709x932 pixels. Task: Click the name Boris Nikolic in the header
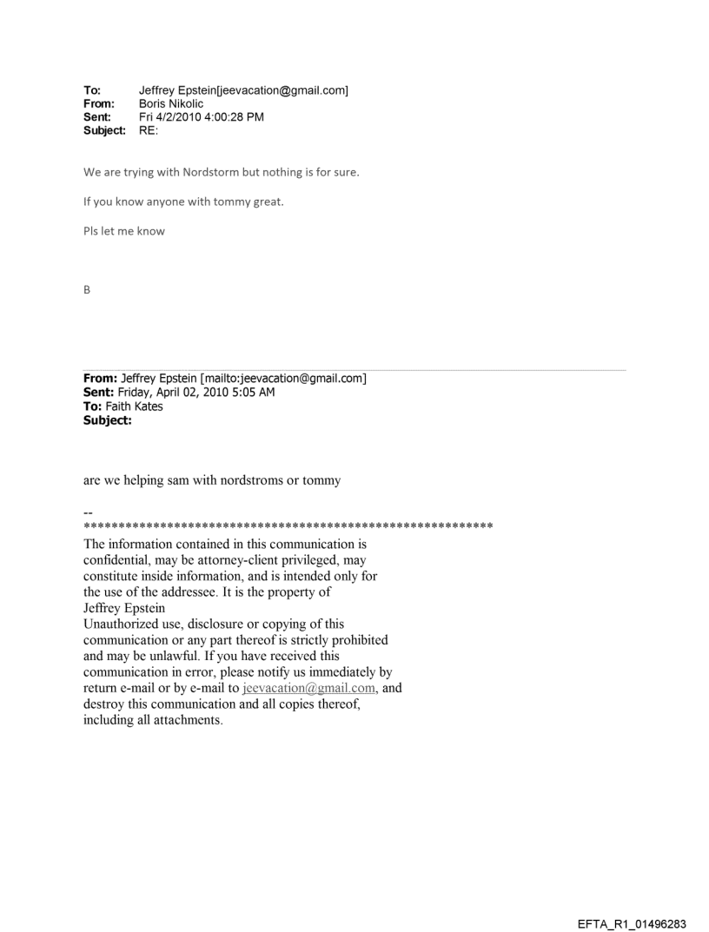(x=170, y=102)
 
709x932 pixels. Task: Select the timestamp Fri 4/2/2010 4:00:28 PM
(x=202, y=116)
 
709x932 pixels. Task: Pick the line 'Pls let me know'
(x=123, y=231)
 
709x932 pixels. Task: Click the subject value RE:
(x=150, y=130)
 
